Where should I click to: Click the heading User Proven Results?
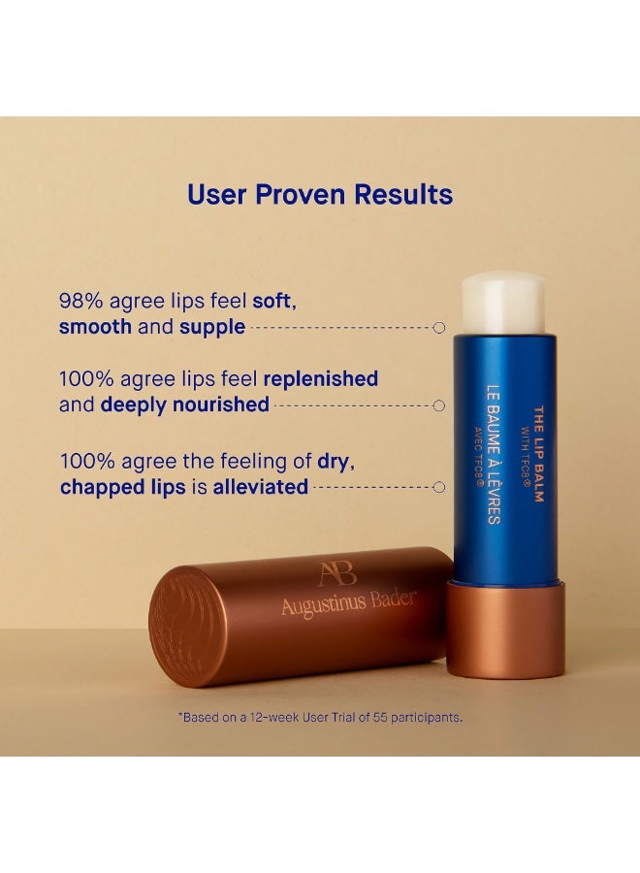[320, 194]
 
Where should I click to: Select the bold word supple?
[212, 327]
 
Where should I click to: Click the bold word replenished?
[321, 378]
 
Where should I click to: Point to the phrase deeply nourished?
[184, 404]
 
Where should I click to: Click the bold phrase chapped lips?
[122, 486]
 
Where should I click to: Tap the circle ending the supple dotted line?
[438, 328]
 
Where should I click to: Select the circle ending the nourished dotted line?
[438, 405]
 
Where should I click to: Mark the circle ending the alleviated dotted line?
[438, 487]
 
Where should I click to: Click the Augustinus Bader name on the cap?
[348, 601]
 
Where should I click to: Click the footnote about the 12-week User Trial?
[320, 718]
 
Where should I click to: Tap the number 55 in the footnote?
[380, 718]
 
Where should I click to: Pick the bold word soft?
[273, 301]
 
